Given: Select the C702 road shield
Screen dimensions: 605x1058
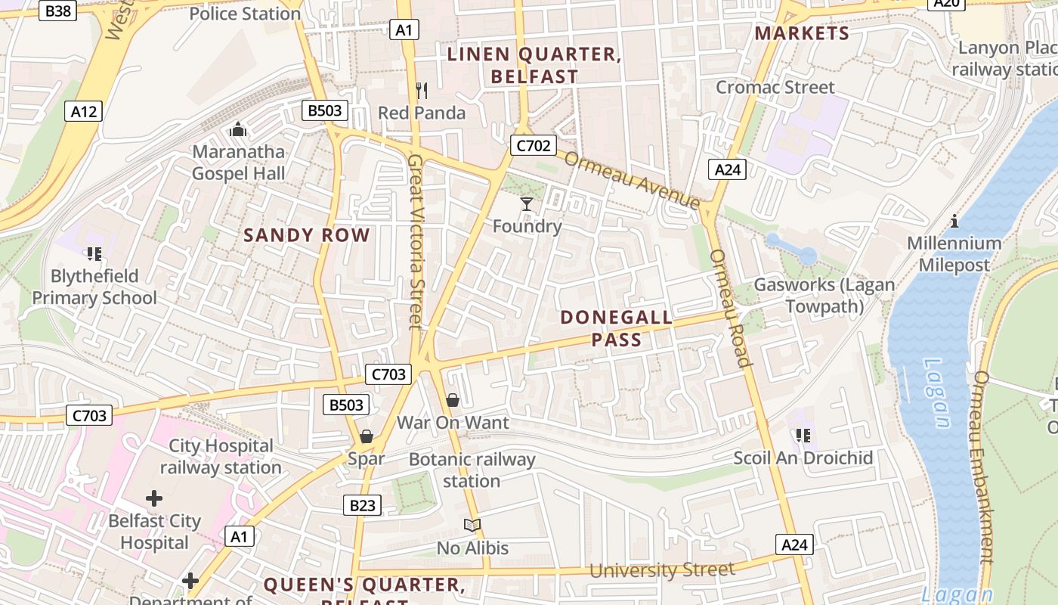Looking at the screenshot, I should point(534,145).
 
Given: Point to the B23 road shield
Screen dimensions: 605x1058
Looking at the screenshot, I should point(362,505).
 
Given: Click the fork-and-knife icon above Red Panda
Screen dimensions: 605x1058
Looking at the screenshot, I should point(422,91).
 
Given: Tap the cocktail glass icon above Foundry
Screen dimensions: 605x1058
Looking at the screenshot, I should point(527,204).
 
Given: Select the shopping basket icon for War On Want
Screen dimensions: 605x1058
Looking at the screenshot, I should point(453,400).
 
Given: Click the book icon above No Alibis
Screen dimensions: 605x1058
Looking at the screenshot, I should point(472,525).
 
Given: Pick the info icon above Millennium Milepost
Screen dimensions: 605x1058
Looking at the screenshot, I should point(954,221).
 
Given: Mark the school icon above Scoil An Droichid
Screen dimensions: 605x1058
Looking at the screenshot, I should point(802,436).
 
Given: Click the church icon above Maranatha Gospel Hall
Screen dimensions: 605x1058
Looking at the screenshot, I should point(238,130).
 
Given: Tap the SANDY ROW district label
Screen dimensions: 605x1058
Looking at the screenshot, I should point(307,235).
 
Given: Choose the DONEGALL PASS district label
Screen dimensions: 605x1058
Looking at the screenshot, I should point(617,328).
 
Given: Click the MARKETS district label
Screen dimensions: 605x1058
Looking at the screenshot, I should point(802,33).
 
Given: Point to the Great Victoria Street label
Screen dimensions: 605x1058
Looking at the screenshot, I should point(415,242).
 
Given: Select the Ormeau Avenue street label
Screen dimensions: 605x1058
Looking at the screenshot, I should point(632,180).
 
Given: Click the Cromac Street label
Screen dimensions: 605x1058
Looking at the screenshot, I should point(775,87).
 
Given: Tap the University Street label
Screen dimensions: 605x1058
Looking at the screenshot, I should point(661,569).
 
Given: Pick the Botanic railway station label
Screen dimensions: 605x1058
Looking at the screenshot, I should point(472,470).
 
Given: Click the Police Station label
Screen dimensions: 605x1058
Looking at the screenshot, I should point(245,14).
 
